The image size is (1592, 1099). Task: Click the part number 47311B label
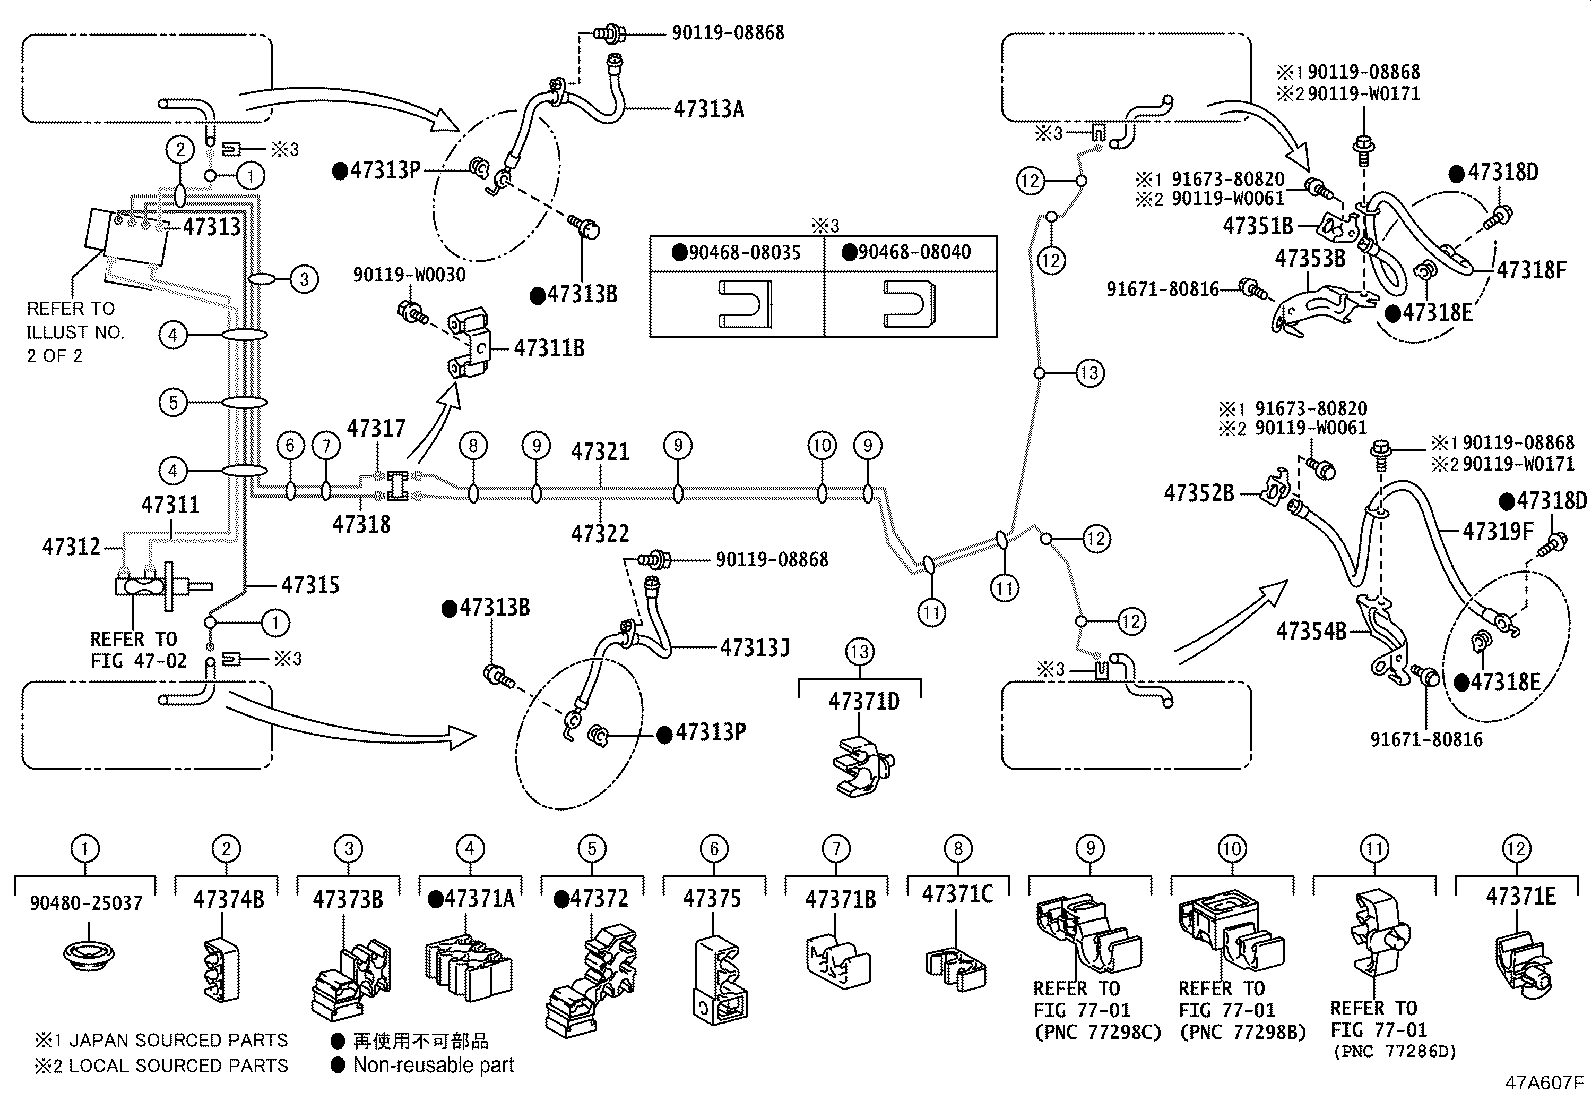pyautogui.click(x=549, y=348)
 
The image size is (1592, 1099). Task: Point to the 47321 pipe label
pyautogui.click(x=601, y=452)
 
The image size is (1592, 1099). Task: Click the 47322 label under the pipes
pyautogui.click(x=601, y=533)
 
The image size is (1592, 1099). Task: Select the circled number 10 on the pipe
pyautogui.click(x=821, y=445)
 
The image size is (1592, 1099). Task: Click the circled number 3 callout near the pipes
pyautogui.click(x=304, y=279)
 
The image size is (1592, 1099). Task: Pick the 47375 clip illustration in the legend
pyautogui.click(x=715, y=980)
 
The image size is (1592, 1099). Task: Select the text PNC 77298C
pyautogui.click(x=1098, y=1032)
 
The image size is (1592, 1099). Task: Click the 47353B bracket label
pyautogui.click(x=1310, y=259)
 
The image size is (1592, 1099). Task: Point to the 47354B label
pyautogui.click(x=1311, y=631)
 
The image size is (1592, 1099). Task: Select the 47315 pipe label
pyautogui.click(x=310, y=584)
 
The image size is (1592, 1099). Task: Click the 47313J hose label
pyautogui.click(x=755, y=647)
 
